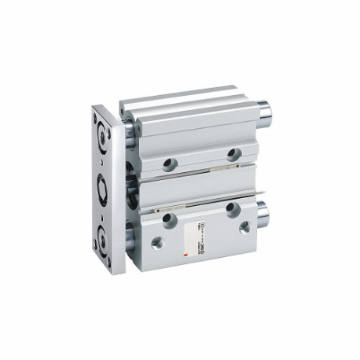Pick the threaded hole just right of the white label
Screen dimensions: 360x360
coord(244,228)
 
